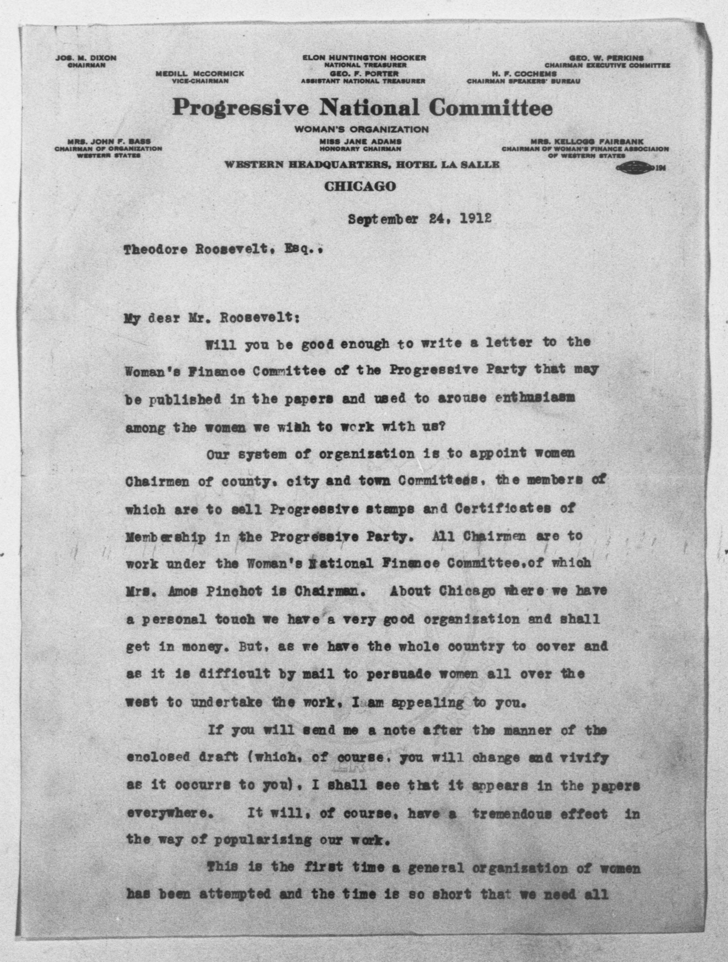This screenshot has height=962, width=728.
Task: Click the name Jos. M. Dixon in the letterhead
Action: pyautogui.click(x=86, y=58)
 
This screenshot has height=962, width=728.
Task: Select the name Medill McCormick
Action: pyautogui.click(x=200, y=74)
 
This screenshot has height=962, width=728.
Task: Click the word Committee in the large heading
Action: pyautogui.click(x=491, y=108)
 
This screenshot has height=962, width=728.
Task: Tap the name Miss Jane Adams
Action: pyautogui.click(x=360, y=142)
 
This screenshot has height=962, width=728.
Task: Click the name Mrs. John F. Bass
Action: pyautogui.click(x=109, y=142)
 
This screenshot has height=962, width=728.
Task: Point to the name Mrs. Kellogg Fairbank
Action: pyautogui.click(x=587, y=142)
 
